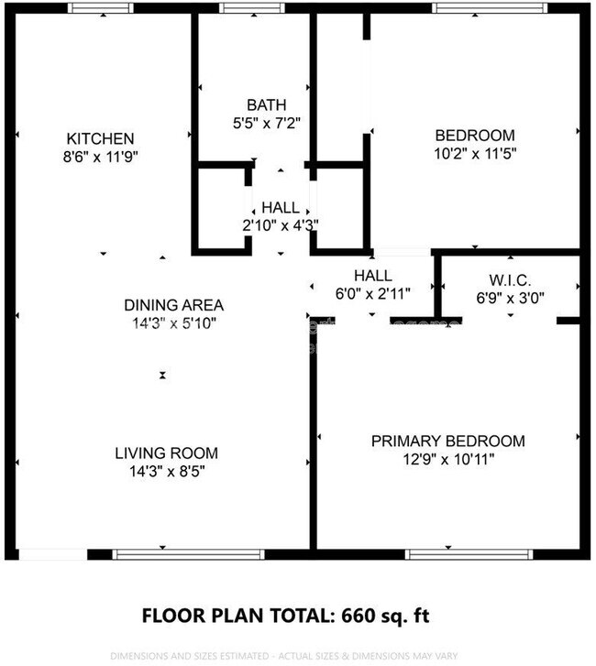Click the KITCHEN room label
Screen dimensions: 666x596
pyautogui.click(x=100, y=137)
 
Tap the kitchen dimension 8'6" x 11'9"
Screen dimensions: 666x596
pyautogui.click(x=100, y=155)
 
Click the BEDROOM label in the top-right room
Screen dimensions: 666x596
pyautogui.click(x=474, y=136)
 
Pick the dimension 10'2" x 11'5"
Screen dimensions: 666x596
pyautogui.click(x=474, y=153)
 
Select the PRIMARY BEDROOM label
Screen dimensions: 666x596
pyautogui.click(x=447, y=441)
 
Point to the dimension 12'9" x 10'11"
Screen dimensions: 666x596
pyautogui.click(x=447, y=458)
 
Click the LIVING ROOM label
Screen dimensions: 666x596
pyautogui.click(x=166, y=453)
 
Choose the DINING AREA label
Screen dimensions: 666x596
pyautogui.click(x=174, y=305)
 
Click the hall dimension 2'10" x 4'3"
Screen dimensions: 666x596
pyautogui.click(x=280, y=224)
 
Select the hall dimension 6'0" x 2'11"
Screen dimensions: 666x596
pyautogui.click(x=373, y=293)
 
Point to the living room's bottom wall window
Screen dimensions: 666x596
pyautogui.click(x=188, y=554)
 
